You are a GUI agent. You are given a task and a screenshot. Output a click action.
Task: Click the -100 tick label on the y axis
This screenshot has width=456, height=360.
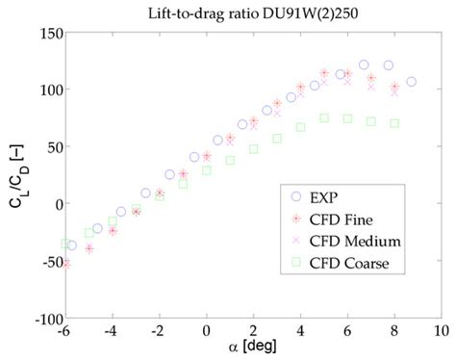coord(46,318)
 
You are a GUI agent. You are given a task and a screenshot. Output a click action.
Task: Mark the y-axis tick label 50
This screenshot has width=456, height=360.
coord(54,146)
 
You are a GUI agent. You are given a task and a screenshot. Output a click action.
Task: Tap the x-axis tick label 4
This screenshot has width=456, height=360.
coord(300,331)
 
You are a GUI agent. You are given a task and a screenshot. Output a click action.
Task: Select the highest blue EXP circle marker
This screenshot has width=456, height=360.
coord(364,64)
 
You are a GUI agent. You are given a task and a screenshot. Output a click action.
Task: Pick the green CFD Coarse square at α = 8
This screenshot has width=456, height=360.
coord(394,123)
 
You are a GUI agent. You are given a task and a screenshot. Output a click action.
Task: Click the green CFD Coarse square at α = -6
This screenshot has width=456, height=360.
coord(65,244)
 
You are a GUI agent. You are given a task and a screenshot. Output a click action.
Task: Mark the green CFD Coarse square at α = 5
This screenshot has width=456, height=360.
coord(324,118)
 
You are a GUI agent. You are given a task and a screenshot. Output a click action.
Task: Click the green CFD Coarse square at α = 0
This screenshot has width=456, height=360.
coord(207,170)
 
